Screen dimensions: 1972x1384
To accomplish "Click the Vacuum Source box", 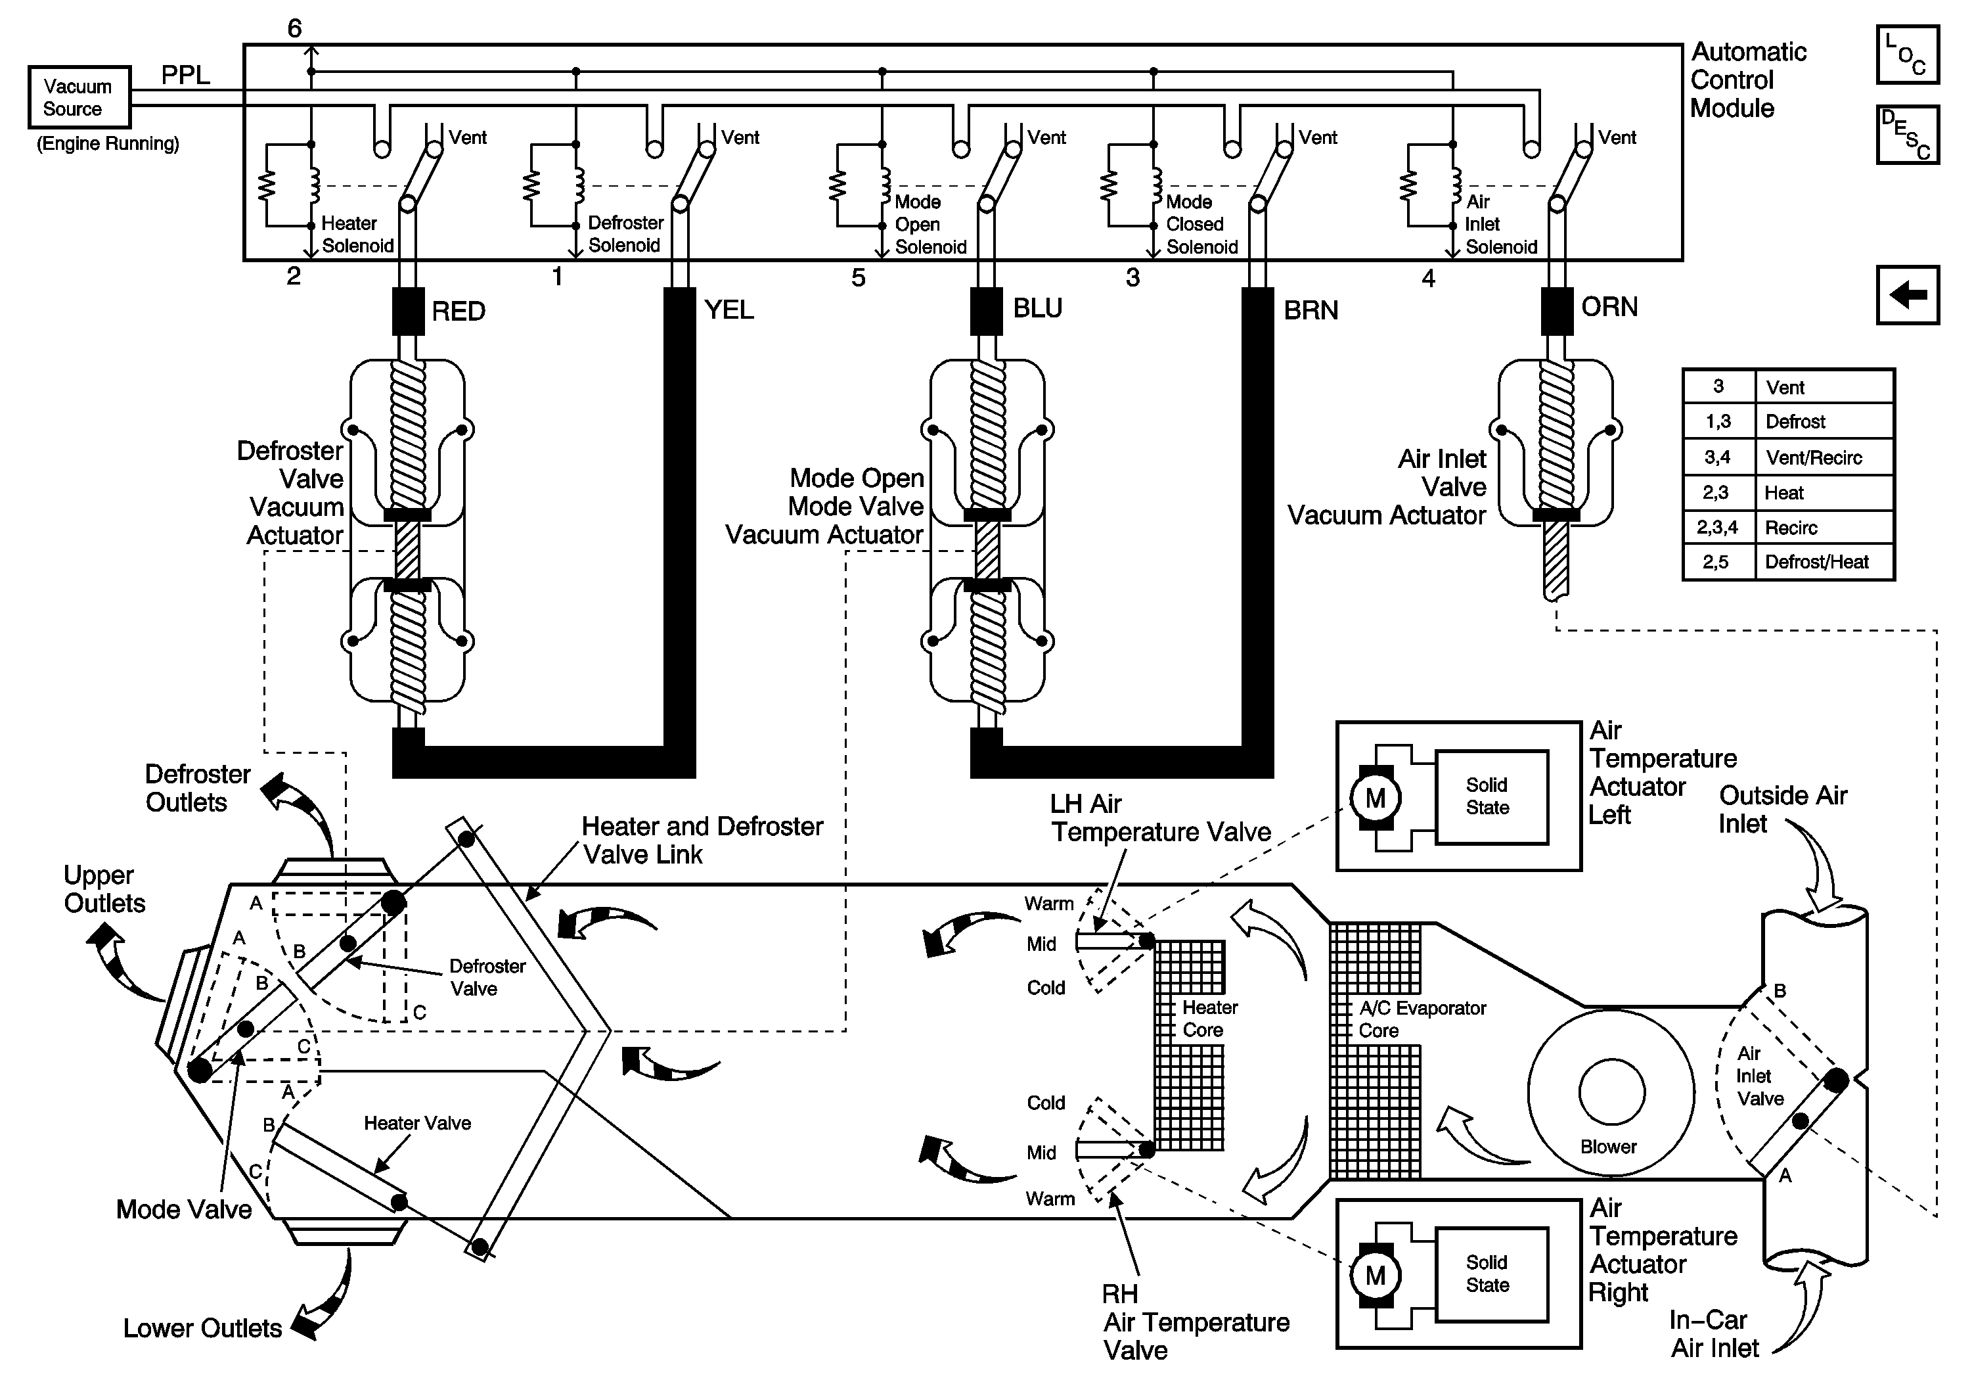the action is [79, 97].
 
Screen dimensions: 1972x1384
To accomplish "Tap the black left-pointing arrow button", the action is [1908, 294].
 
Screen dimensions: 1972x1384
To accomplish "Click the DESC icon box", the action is [1908, 135].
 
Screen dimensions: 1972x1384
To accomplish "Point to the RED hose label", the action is [459, 311].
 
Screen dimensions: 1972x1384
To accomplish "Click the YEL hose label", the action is [729, 310].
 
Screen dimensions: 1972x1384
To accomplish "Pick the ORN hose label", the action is [1609, 307].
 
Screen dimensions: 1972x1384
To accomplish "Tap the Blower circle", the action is [1611, 1093].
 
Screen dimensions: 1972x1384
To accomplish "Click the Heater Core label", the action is [1209, 1019].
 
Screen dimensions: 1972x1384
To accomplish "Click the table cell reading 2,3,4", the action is [1718, 528].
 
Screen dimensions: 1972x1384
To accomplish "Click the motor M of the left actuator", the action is [1375, 798].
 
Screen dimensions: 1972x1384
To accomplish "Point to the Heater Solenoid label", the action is [357, 235].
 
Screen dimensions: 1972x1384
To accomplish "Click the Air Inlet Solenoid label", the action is [1500, 224].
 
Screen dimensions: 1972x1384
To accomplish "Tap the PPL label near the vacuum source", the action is [185, 76].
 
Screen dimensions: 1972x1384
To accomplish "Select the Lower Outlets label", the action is [203, 1328].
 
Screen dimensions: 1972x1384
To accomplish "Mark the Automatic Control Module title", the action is [1748, 80].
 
